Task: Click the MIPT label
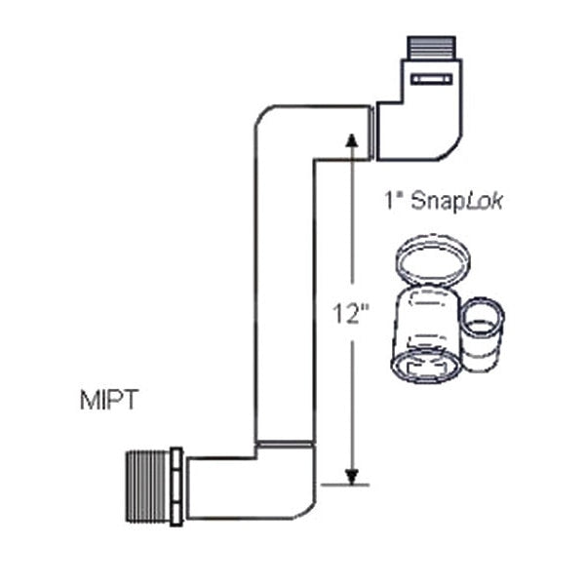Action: click(x=109, y=400)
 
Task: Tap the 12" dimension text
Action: click(x=351, y=314)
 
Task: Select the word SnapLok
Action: click(x=456, y=202)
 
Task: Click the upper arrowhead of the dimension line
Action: click(x=351, y=140)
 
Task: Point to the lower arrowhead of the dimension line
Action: click(x=351, y=477)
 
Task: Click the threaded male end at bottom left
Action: click(x=148, y=487)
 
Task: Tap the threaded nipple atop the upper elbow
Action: click(x=431, y=48)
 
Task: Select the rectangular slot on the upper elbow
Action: click(x=432, y=79)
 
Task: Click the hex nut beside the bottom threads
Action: click(x=176, y=487)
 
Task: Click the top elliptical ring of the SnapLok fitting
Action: click(x=432, y=261)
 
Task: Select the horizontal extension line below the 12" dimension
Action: click(x=345, y=485)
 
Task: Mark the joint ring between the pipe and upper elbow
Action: click(x=372, y=133)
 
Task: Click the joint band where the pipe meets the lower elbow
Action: click(x=285, y=444)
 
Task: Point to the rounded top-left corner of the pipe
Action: click(x=260, y=113)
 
